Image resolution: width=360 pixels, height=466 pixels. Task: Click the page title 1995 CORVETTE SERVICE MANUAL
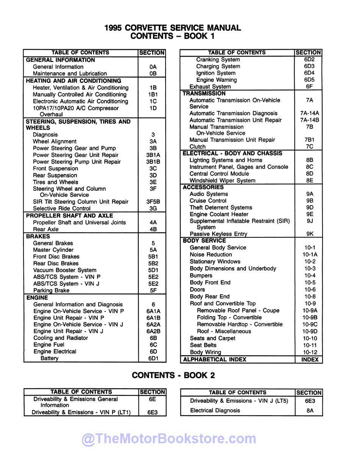(172, 28)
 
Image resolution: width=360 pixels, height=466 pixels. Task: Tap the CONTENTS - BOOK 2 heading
(173, 375)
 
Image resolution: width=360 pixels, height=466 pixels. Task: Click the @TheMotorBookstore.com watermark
(169, 439)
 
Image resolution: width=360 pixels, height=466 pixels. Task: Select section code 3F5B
(153, 202)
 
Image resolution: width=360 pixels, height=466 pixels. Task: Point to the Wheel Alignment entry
(55, 141)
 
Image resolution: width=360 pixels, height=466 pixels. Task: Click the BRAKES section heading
(38, 236)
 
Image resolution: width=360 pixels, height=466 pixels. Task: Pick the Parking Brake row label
(51, 290)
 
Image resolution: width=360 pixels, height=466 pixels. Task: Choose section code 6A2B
(153, 331)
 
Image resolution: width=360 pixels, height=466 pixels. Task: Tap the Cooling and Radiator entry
(61, 338)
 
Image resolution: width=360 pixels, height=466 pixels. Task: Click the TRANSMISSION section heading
(204, 93)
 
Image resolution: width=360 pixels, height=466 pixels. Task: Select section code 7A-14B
(309, 120)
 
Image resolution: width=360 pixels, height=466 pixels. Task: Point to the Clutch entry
(197, 147)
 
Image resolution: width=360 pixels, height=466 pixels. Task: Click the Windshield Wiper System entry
(222, 180)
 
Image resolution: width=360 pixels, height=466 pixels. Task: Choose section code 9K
(310, 234)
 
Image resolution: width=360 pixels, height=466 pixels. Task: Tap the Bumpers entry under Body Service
(201, 276)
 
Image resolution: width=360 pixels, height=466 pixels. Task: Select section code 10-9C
(310, 324)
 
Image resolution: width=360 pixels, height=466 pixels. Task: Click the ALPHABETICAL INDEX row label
(214, 359)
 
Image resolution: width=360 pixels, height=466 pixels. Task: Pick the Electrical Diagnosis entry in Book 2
(215, 410)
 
